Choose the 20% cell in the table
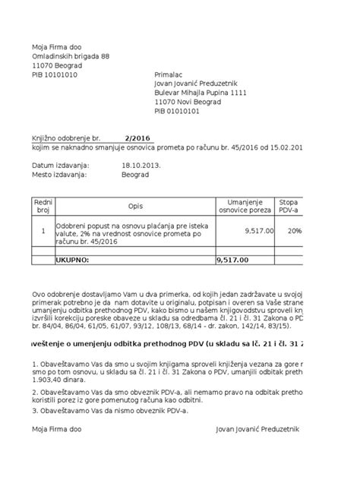pos(294,230)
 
